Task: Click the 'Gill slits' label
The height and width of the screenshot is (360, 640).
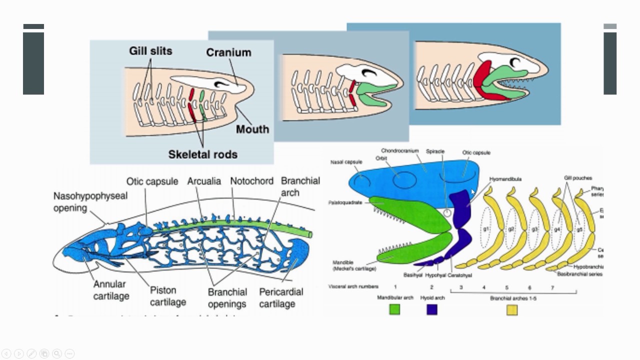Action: (x=150, y=51)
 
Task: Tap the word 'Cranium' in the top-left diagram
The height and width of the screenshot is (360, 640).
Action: (x=228, y=52)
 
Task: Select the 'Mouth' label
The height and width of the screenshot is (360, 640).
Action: (x=252, y=129)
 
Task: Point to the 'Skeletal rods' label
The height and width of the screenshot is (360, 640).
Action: (x=202, y=154)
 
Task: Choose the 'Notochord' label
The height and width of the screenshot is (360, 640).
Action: (x=251, y=181)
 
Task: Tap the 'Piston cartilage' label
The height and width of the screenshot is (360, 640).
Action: (x=168, y=296)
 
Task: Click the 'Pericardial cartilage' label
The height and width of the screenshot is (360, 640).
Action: (x=281, y=297)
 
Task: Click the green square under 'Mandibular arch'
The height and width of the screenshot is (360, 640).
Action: (x=395, y=310)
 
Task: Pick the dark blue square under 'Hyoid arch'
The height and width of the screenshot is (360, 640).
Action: (x=431, y=310)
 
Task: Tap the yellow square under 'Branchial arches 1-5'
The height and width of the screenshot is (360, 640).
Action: (x=512, y=310)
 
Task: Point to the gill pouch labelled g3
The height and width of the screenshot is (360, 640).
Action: (x=534, y=229)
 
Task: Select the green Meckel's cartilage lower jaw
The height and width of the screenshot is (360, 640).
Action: (x=410, y=250)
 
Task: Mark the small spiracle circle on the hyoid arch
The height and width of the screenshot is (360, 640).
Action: (x=447, y=213)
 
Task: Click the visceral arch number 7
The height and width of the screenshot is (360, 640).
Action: (x=552, y=287)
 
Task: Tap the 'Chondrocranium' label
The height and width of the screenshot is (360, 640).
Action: (x=399, y=150)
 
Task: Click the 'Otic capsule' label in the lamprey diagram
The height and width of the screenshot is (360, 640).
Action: (x=151, y=181)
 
